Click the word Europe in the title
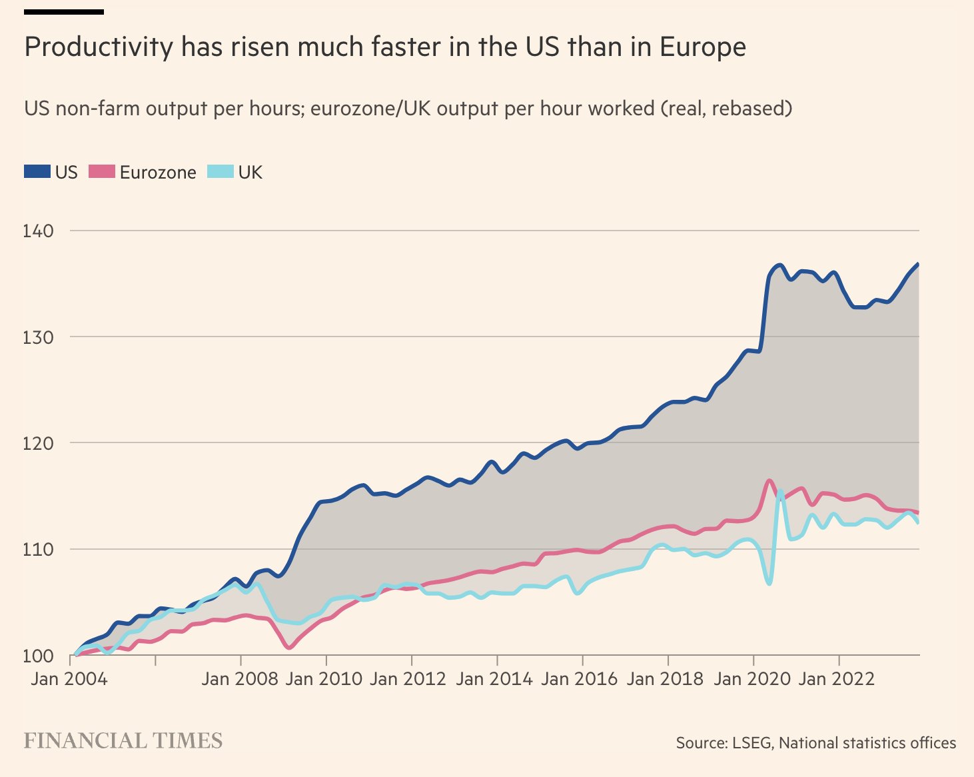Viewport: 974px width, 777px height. [x=703, y=48]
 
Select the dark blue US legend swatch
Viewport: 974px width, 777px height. [x=37, y=172]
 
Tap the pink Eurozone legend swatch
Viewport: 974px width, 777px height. [x=101, y=172]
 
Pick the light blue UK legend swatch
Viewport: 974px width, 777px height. [x=221, y=172]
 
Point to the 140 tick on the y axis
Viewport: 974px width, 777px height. [x=38, y=231]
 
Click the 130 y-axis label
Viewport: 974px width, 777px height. [x=38, y=337]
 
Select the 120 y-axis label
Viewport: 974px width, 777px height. [x=38, y=443]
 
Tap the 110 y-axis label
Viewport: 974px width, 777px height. [x=38, y=550]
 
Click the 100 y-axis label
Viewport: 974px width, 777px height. [x=38, y=656]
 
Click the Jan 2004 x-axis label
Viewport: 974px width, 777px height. [x=69, y=679]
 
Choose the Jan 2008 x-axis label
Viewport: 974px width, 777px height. [x=240, y=679]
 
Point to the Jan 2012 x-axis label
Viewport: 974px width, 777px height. [x=408, y=679]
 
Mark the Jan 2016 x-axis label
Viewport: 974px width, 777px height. [x=580, y=679]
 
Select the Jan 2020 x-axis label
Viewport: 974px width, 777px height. [x=751, y=679]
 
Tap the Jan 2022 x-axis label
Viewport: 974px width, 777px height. [x=837, y=679]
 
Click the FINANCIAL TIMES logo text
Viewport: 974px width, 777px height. [x=123, y=741]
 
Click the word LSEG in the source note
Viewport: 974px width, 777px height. [x=751, y=743]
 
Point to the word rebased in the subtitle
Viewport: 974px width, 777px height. [x=749, y=108]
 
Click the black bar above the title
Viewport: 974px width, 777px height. [x=64, y=11]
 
